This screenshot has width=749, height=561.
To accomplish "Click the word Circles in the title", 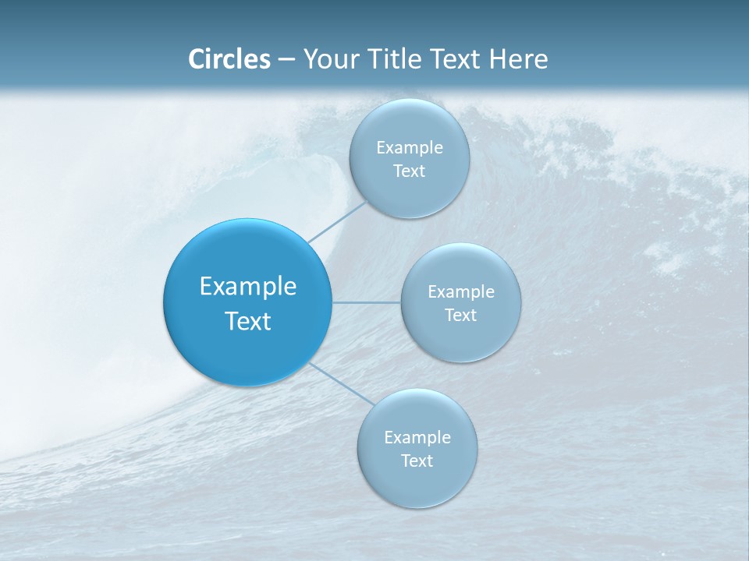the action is point(229,59).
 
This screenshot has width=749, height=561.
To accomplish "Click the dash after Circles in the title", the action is point(286,60).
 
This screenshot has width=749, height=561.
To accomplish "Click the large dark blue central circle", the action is point(247,302).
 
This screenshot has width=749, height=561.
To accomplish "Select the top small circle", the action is point(410,159).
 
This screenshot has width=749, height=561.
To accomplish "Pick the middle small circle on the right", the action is point(461,302).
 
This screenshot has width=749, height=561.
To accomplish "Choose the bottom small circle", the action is point(417,449).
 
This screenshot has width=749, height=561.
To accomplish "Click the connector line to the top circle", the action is point(337,222).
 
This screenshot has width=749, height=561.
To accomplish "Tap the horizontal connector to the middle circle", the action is point(367,302).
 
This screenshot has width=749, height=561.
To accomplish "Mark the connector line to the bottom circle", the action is point(342,384).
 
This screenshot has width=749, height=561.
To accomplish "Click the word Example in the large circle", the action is point(248,288).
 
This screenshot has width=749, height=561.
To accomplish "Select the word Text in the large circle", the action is point(248,321).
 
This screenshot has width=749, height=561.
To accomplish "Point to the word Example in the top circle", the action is point(410,148).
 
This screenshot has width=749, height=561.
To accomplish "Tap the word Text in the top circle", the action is point(410,171).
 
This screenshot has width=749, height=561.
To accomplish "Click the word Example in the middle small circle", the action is point(461,292).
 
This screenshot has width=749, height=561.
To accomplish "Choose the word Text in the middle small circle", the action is point(461,315).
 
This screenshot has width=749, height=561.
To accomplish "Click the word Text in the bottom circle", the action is point(417,460).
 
